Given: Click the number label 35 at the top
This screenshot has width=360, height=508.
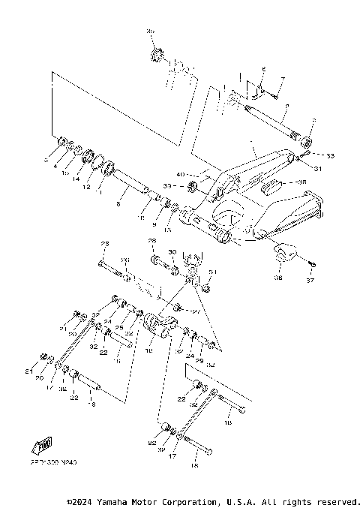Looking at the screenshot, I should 150,31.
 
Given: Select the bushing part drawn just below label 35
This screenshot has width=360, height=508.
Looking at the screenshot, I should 157,56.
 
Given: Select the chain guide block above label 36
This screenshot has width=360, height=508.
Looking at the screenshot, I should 281,254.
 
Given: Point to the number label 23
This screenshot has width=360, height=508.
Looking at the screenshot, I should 105,245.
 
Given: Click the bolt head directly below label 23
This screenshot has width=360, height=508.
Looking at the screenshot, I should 102,263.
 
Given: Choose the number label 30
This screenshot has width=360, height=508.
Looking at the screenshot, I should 172,253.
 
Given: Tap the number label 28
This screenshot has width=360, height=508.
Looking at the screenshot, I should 151,242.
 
